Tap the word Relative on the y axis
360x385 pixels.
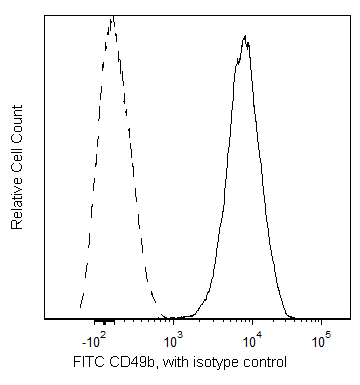pos(17,201)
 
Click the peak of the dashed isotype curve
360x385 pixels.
pos(111,17)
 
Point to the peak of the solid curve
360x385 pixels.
pos(245,36)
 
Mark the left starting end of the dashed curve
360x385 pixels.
pos(80,308)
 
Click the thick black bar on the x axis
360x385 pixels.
pos(102,322)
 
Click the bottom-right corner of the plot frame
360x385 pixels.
pos(350,320)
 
